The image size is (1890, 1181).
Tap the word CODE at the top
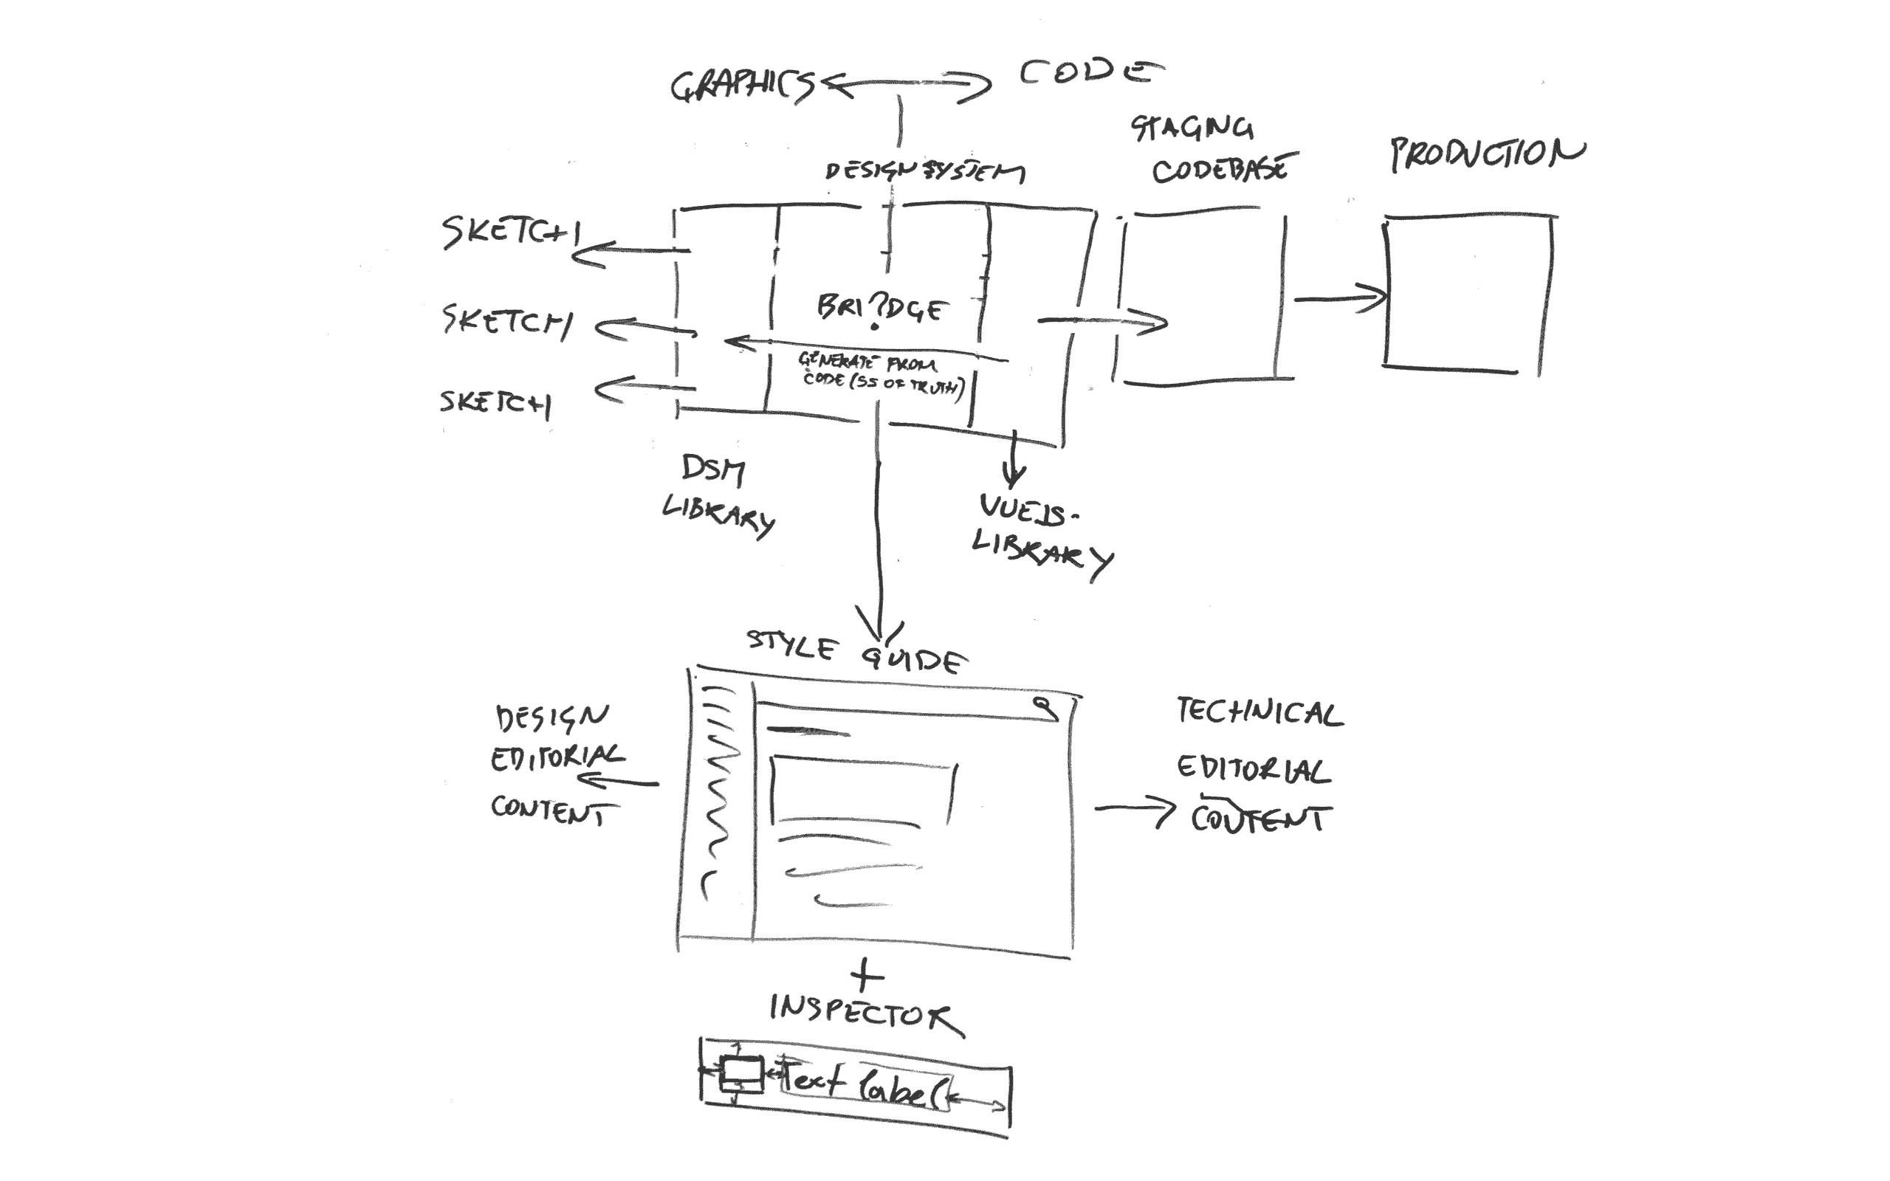pyautogui.click(x=1090, y=72)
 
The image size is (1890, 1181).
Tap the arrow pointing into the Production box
pyautogui.click(x=1339, y=297)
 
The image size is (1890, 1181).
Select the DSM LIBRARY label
pyautogui.click(x=716, y=497)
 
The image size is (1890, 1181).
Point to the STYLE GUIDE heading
pyautogui.click(x=855, y=653)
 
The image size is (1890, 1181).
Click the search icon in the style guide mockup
pyautogui.click(x=1045, y=707)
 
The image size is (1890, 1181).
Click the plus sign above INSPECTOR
pyautogui.click(x=867, y=976)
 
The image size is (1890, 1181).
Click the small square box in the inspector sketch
pyautogui.click(x=740, y=1073)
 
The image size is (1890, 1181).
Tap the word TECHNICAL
pyautogui.click(x=1258, y=712)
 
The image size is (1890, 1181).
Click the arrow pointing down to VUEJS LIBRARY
pyautogui.click(x=1014, y=461)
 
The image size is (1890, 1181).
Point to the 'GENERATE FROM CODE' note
pyautogui.click(x=879, y=374)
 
